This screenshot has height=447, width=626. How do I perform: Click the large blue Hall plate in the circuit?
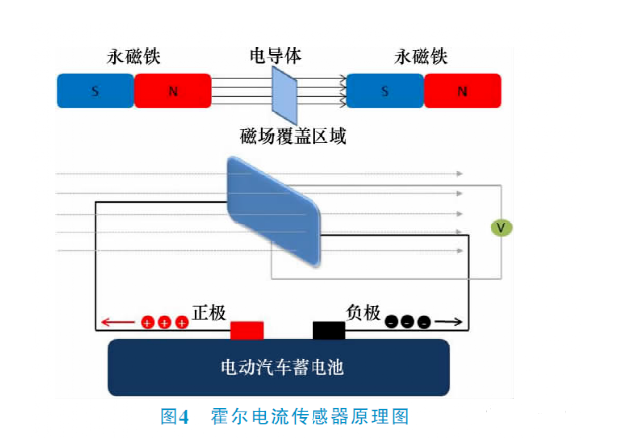pyautogui.click(x=275, y=211)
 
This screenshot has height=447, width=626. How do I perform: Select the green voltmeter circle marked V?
pyautogui.click(x=502, y=228)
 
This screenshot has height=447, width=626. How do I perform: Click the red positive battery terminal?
pyautogui.click(x=247, y=330)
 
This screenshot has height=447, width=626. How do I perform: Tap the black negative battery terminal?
pyautogui.click(x=328, y=330)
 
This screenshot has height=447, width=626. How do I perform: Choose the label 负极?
pyautogui.click(x=364, y=313)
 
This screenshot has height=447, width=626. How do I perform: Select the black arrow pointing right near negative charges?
pyautogui.click(x=449, y=322)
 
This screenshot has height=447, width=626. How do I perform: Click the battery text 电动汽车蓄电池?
pyautogui.click(x=282, y=367)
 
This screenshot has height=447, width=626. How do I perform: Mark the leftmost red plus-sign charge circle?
pyautogui.click(x=147, y=323)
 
